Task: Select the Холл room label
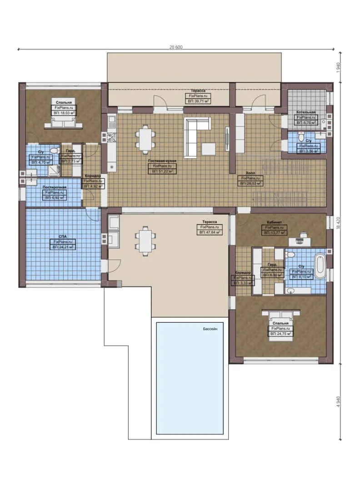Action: pos(250,173)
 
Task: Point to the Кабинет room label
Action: pos(274,222)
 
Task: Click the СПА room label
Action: pos(63,236)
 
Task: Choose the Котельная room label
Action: pos(306,112)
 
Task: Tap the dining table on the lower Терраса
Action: pos(145,239)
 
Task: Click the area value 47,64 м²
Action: pos(209,232)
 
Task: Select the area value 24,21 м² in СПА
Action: pos(63,247)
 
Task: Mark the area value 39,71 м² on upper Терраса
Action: pos(197,101)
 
